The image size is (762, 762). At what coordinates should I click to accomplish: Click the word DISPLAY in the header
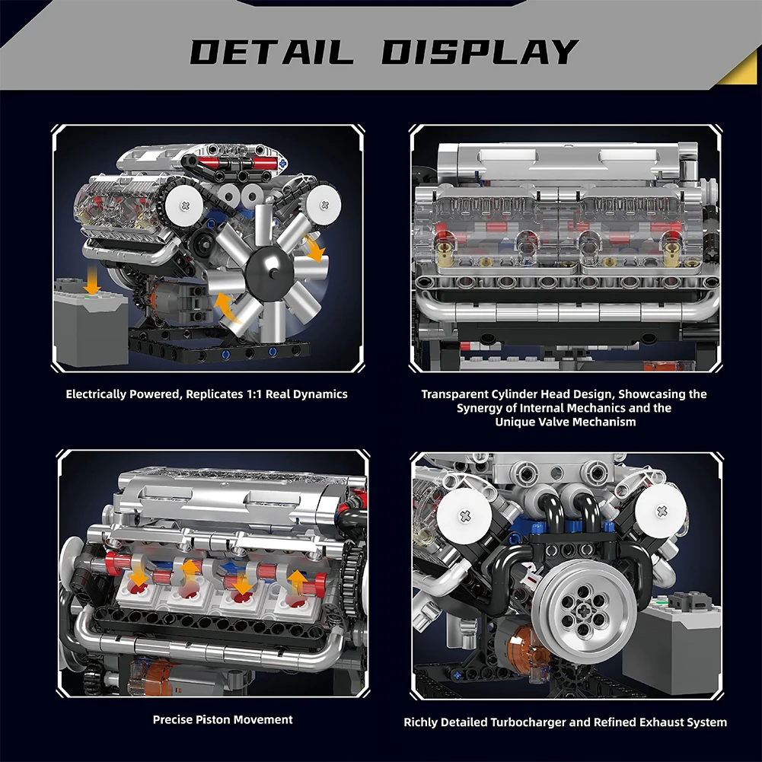pos(479,52)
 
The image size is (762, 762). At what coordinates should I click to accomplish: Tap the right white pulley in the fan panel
pos(324,205)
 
